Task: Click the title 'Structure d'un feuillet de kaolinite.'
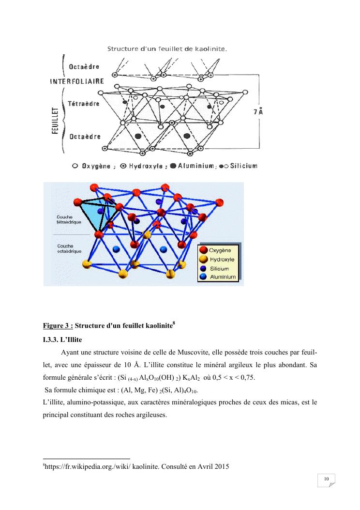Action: tap(167, 48)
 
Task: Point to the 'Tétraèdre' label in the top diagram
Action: tap(84, 104)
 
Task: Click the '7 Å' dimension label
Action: tap(258, 112)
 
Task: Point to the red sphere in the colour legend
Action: tap(203, 250)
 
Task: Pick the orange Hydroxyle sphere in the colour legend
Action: tap(203, 260)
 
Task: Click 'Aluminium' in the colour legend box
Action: tap(222, 277)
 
